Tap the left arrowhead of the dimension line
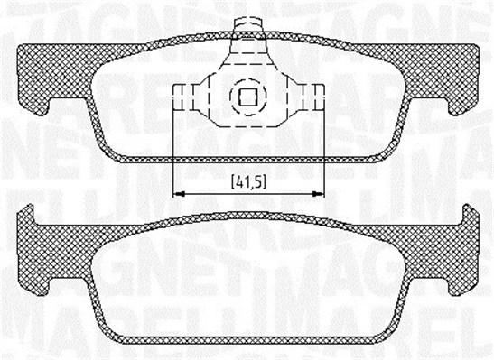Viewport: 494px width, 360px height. (177, 192)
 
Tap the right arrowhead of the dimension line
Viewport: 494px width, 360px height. (318, 192)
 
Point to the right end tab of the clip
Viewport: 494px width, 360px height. (316, 95)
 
